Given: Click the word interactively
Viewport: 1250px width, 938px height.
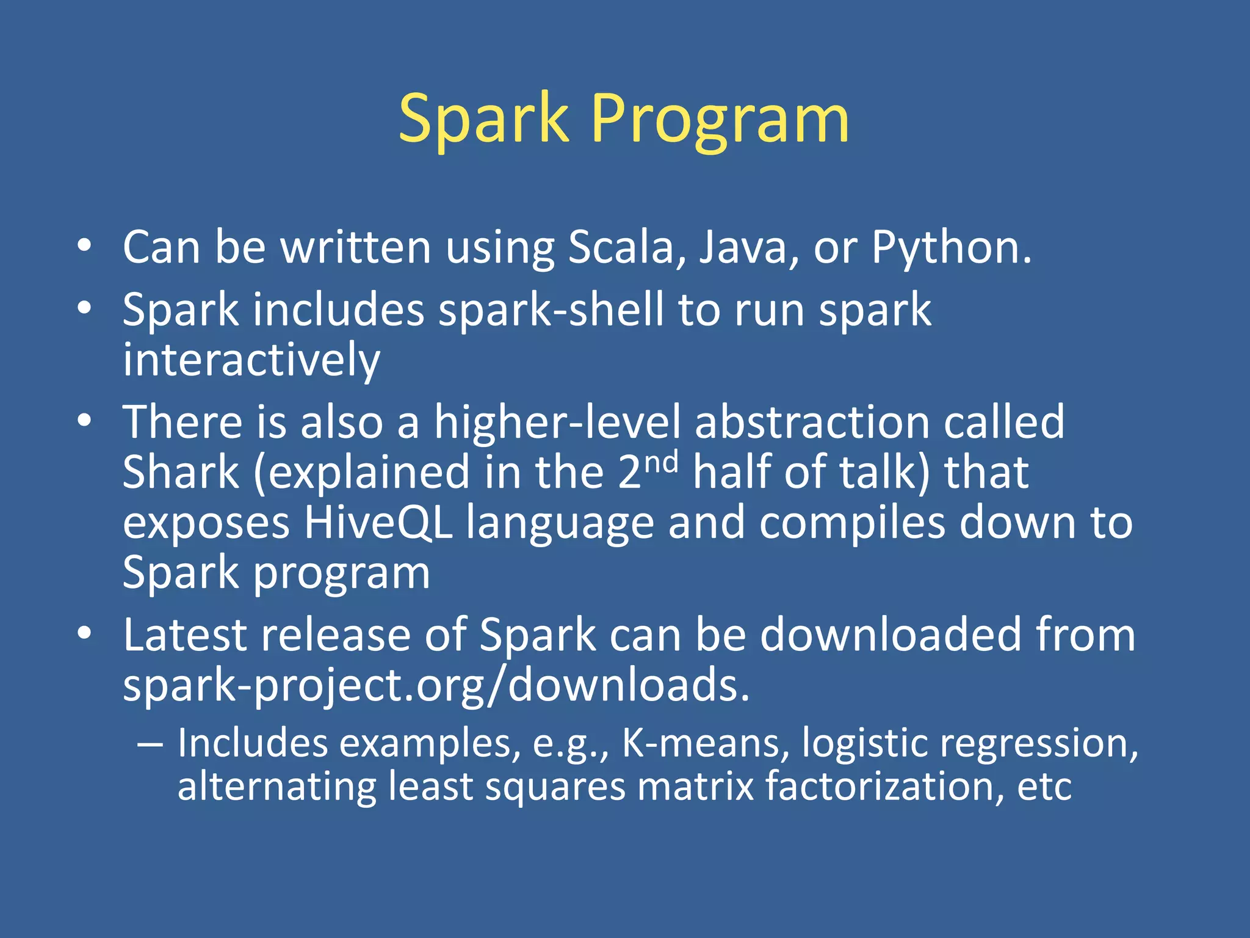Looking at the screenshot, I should [x=251, y=360].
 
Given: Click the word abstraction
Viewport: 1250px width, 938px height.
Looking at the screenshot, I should [x=812, y=423].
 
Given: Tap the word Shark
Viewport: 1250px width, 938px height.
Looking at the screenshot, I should [x=181, y=473].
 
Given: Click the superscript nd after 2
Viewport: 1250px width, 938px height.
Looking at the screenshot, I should [x=662, y=462].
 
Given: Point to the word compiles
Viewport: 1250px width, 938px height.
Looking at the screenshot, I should [x=852, y=523].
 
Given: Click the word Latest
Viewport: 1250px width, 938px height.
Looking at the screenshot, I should [x=185, y=635].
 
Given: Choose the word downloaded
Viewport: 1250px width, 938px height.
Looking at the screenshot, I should [x=891, y=635].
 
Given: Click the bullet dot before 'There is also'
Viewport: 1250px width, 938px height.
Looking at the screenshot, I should [x=84, y=420].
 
